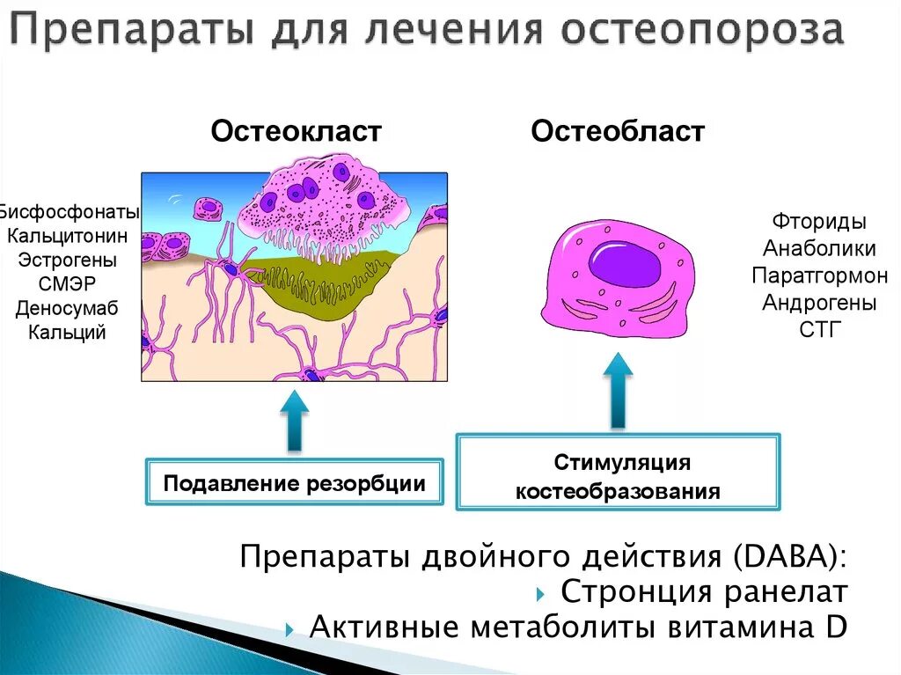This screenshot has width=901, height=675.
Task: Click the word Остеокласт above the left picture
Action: (296, 132)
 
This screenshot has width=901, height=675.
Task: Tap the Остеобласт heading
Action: (618, 132)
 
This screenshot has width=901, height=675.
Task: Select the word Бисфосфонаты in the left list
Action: (70, 212)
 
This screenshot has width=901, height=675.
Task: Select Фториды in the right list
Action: (819, 221)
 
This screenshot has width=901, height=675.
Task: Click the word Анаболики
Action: (819, 248)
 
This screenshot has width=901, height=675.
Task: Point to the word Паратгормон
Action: (819, 275)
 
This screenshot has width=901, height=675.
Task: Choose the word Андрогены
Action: (819, 303)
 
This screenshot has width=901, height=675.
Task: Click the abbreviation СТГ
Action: (819, 330)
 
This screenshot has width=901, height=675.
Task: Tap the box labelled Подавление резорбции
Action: (294, 482)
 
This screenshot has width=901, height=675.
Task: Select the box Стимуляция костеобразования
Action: (618, 476)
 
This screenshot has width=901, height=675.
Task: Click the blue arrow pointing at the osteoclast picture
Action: (294, 421)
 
